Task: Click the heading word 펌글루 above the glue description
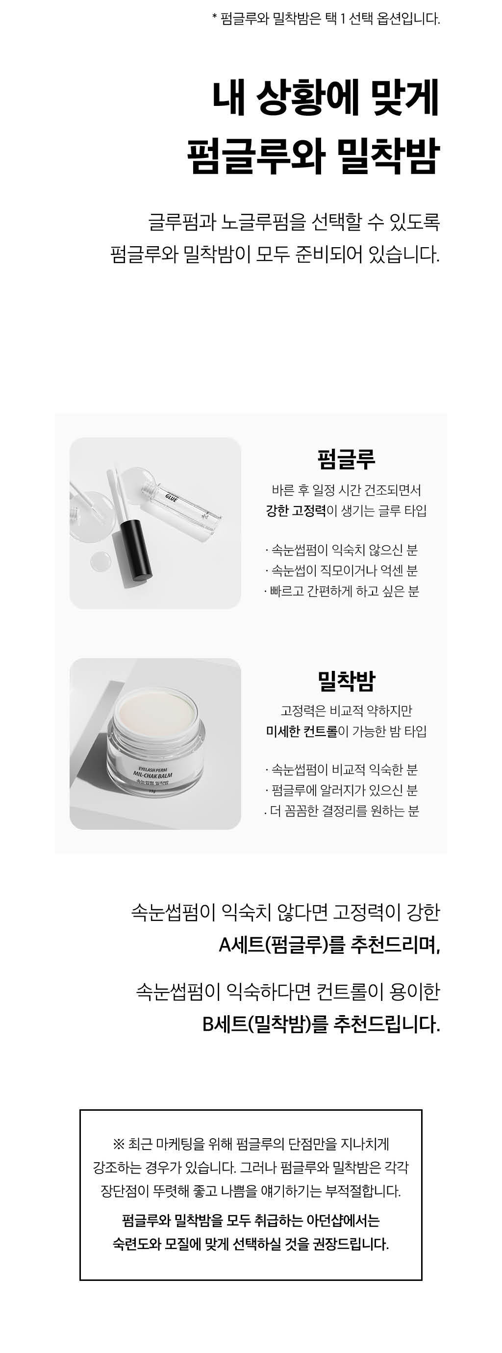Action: coord(346,459)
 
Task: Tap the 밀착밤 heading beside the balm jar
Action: coord(346,681)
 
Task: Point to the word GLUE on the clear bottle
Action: coord(171,496)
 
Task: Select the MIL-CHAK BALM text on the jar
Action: coord(153,775)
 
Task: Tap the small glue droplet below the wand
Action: coord(100,561)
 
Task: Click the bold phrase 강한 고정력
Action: coord(296,511)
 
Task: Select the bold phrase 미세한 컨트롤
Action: coord(302,731)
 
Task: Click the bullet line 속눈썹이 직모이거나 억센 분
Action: coord(341,570)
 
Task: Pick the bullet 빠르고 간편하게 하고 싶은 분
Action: coord(341,591)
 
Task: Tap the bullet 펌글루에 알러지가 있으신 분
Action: coord(341,791)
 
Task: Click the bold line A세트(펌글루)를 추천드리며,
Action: coord(329,945)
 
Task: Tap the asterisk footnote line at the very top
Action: coord(326,19)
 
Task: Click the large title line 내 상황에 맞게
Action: coord(326,98)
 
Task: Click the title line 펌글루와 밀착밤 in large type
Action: coord(313,156)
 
